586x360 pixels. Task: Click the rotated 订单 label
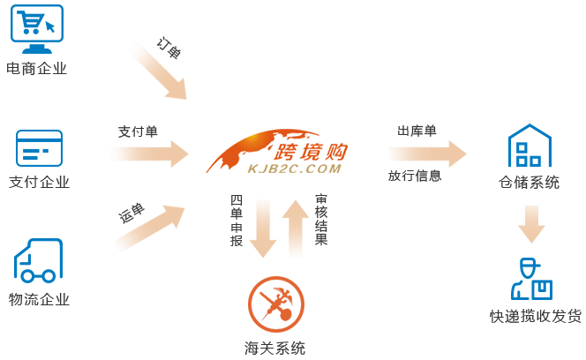pyautogui.click(x=168, y=49)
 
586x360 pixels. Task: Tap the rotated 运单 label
pyautogui.click(x=131, y=214)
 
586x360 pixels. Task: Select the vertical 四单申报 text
pyautogui.click(x=237, y=221)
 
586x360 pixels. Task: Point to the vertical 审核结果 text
pyautogui.click(x=320, y=221)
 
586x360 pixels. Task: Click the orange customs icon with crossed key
pyautogui.click(x=275, y=304)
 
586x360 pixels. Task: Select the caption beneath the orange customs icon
pyautogui.click(x=274, y=348)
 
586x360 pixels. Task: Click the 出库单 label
pyautogui.click(x=417, y=131)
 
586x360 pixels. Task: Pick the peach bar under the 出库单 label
pyautogui.click(x=427, y=154)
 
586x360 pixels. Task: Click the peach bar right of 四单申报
pyautogui.click(x=263, y=229)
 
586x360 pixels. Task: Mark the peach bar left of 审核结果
pyautogui.click(x=296, y=229)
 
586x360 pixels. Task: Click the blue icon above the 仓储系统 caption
pyautogui.click(x=529, y=146)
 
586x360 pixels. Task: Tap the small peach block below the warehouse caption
pyautogui.click(x=531, y=224)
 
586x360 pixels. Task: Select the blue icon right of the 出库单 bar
pyautogui.click(x=529, y=146)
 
